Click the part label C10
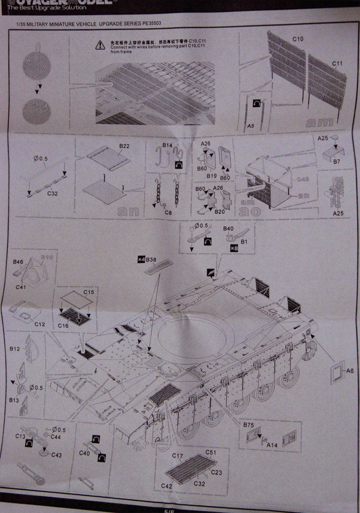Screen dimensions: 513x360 coord(297,39)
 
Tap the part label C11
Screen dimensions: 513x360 coord(337,63)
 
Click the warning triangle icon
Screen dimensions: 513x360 coord(99,45)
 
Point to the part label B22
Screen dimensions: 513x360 coord(124,146)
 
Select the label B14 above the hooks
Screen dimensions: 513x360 coord(167,145)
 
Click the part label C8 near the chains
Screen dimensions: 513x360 coord(169,212)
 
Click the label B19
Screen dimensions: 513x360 coord(212,176)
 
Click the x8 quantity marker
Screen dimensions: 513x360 coord(234,248)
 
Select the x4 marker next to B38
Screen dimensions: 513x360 coord(141,260)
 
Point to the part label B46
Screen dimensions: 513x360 coord(18,261)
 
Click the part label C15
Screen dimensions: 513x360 coord(89,292)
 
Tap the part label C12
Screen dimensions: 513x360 coord(40,324)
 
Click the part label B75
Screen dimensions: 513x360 coord(248,424)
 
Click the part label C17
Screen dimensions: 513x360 coord(177,456)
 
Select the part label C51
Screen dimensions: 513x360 coord(211,452)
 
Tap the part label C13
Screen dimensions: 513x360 coord(20,436)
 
